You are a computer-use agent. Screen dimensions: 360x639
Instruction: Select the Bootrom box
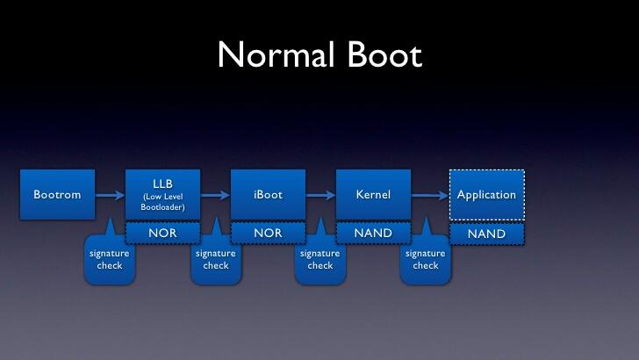coord(57,194)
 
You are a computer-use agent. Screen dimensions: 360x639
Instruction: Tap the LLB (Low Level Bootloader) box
coord(162,194)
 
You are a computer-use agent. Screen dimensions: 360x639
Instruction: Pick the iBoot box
coord(268,194)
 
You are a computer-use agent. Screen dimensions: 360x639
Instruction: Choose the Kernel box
coord(373,194)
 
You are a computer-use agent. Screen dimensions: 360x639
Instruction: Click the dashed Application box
coord(486,194)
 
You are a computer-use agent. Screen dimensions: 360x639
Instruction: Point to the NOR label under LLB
coord(162,234)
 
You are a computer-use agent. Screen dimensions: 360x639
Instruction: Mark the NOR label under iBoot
coord(268,234)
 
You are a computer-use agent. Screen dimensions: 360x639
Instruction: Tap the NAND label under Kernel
coord(373,234)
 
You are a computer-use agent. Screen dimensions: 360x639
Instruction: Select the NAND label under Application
coord(486,234)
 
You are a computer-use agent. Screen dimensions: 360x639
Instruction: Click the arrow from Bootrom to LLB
coord(110,195)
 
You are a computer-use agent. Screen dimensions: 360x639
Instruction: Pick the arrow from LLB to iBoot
coord(215,195)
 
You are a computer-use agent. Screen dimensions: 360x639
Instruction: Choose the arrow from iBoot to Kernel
coord(320,195)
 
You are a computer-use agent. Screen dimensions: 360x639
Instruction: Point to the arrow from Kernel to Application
coord(430,195)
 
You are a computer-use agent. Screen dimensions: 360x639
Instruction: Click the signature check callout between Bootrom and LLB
coord(110,260)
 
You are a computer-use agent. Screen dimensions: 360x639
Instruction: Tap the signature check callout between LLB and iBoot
coord(216,260)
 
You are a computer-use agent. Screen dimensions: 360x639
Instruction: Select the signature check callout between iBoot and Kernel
coord(320,260)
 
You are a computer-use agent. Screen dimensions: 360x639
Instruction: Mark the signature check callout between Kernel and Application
coord(426,260)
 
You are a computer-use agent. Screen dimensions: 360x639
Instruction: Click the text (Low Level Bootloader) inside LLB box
coord(162,201)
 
